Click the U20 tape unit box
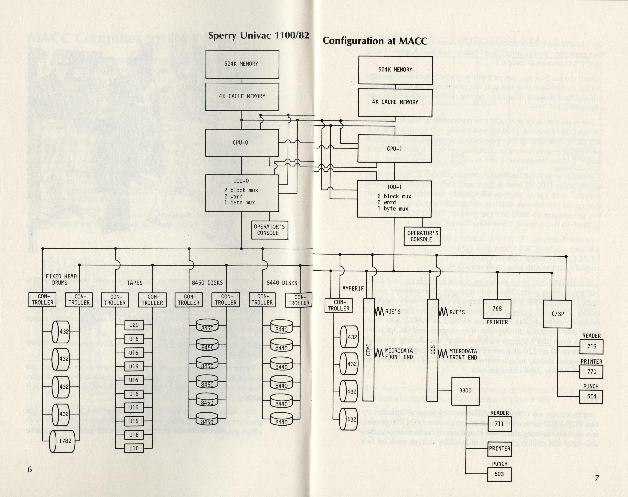[x=134, y=325]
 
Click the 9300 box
[x=465, y=391]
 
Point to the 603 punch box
[x=499, y=474]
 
